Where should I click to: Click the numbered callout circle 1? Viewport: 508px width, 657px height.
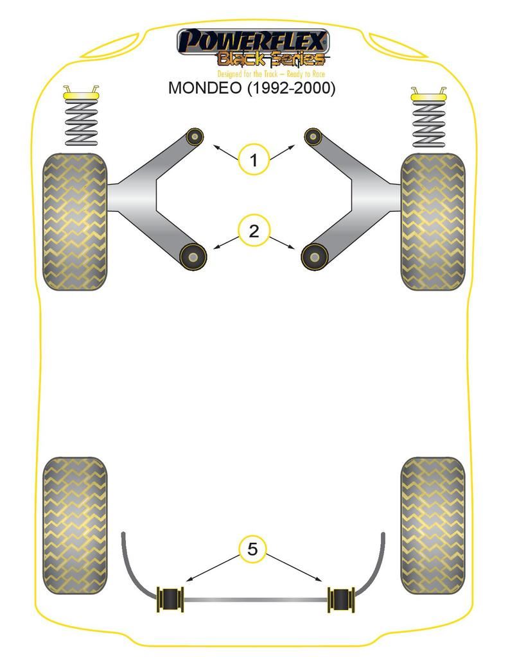click(x=254, y=160)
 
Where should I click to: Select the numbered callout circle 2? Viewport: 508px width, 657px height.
click(x=254, y=231)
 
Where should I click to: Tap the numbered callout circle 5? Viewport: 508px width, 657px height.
click(x=252, y=549)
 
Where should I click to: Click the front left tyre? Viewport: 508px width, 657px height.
click(x=74, y=221)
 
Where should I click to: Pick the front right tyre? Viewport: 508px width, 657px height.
click(x=432, y=221)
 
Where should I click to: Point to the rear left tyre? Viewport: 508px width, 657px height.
click(x=74, y=525)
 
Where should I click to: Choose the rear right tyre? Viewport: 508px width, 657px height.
click(x=432, y=525)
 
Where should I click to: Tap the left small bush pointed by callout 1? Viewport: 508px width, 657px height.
click(x=194, y=136)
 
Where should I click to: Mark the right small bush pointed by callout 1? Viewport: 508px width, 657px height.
click(x=313, y=136)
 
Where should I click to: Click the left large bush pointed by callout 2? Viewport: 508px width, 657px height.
click(x=192, y=257)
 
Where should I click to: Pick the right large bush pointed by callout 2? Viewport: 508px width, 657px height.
click(x=314, y=257)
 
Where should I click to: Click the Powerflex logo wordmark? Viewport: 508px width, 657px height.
click(x=253, y=42)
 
